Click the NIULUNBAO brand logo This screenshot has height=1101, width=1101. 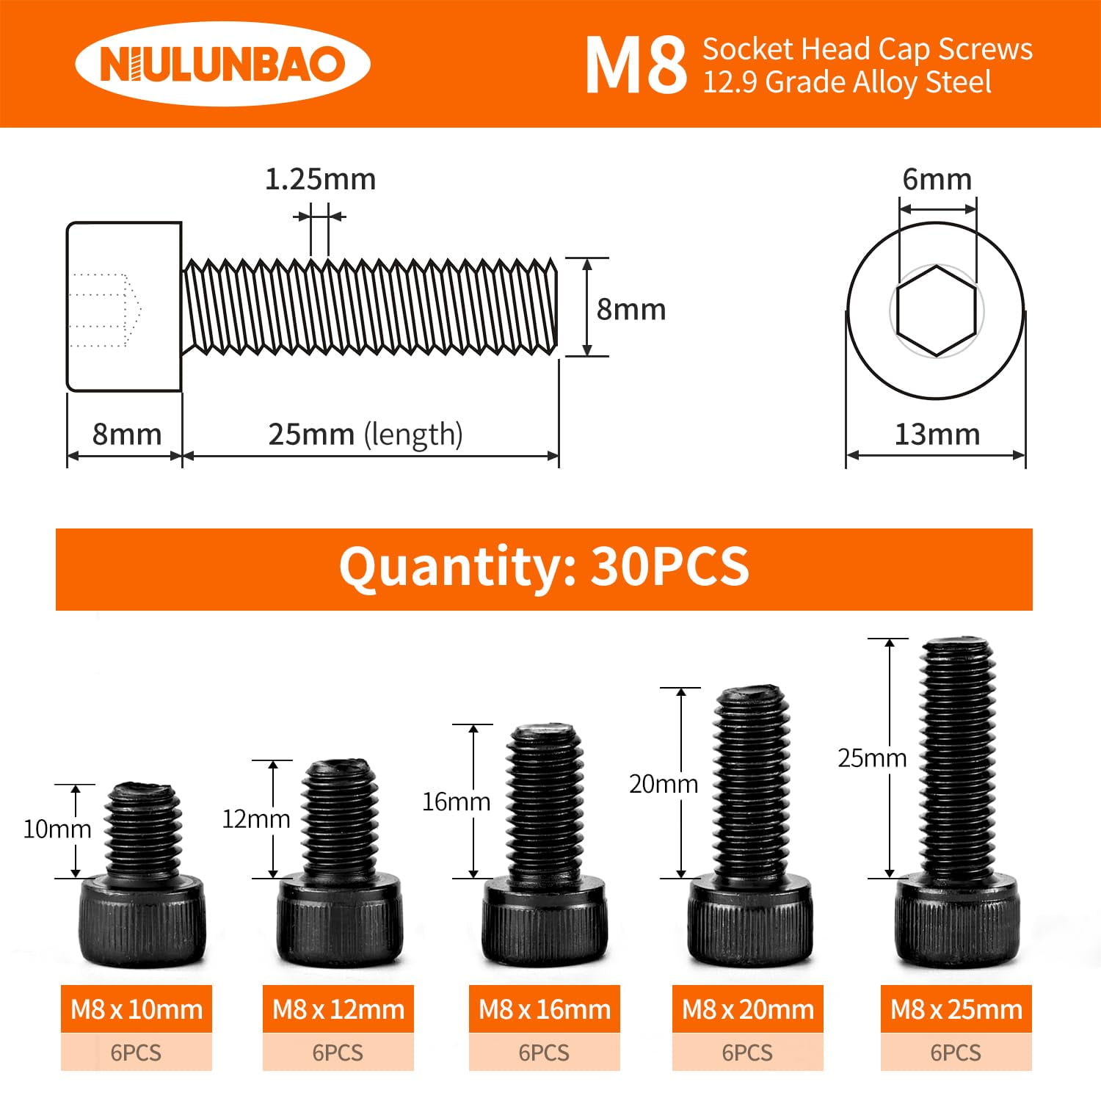(x=222, y=64)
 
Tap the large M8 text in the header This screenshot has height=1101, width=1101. (x=636, y=65)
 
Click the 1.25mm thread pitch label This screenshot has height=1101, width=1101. (x=320, y=179)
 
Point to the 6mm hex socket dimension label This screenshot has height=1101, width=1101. (x=937, y=179)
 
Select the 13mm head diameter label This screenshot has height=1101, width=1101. (x=937, y=434)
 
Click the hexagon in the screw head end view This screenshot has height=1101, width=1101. (x=937, y=311)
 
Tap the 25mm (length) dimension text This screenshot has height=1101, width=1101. (x=365, y=434)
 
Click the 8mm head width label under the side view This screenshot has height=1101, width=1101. (x=127, y=434)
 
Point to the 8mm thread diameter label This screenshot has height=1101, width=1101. (x=631, y=309)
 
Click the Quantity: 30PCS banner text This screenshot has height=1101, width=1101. (x=544, y=567)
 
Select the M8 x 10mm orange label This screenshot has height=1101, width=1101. (x=137, y=1009)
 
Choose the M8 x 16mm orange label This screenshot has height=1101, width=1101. (x=545, y=1009)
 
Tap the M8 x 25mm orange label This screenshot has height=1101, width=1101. (x=956, y=1009)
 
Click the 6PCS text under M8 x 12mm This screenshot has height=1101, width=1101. (x=338, y=1053)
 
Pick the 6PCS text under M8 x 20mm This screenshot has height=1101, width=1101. (x=747, y=1053)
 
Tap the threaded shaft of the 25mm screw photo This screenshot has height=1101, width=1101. (x=958, y=756)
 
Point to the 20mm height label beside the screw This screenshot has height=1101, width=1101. (x=664, y=784)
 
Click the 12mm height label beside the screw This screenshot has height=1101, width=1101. (x=256, y=818)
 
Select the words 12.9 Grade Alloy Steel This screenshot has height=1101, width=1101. (x=847, y=82)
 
